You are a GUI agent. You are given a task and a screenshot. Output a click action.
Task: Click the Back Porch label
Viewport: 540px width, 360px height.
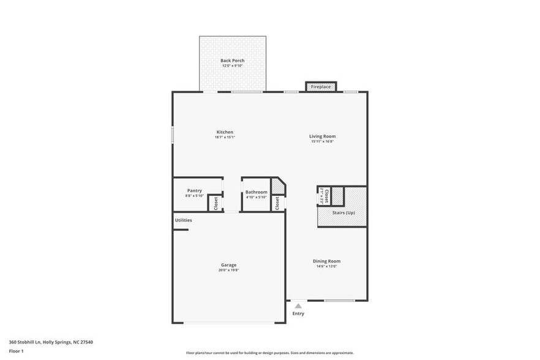[233, 61]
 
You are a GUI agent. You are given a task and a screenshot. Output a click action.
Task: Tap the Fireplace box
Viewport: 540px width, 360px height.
[321, 87]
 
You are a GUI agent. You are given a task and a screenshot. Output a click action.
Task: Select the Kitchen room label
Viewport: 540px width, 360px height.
[225, 132]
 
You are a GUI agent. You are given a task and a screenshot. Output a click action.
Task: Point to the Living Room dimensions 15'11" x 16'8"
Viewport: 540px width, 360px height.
[322, 141]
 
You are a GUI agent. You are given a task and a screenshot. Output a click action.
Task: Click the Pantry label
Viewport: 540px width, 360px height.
[194, 190]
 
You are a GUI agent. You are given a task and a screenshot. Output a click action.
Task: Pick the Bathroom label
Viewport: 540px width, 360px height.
[257, 192]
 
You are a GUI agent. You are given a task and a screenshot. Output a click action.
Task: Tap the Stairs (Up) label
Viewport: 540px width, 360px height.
[343, 212]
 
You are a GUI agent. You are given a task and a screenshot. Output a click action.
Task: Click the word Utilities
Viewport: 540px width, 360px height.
[184, 220]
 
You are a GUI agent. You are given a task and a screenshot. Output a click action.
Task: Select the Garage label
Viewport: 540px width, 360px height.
[228, 265]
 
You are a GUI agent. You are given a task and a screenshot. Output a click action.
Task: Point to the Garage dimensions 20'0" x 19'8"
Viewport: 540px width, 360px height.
[228, 270]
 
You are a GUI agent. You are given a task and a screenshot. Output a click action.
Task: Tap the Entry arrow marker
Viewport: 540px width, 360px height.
[298, 305]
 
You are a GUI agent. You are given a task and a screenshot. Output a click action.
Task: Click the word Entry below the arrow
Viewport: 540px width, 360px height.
[298, 313]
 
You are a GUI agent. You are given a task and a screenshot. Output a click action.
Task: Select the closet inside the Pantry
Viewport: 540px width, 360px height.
[216, 203]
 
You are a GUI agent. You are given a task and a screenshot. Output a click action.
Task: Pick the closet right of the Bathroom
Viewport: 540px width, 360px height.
[277, 203]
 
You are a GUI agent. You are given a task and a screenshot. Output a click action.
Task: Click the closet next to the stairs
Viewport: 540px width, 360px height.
[327, 196]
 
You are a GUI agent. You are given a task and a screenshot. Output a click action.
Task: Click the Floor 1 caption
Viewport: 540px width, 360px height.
[16, 351]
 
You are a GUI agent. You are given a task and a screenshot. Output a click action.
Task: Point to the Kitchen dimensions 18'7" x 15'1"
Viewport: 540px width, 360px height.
[225, 137]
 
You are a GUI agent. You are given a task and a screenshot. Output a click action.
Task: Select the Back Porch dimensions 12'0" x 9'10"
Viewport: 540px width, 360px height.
[233, 66]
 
